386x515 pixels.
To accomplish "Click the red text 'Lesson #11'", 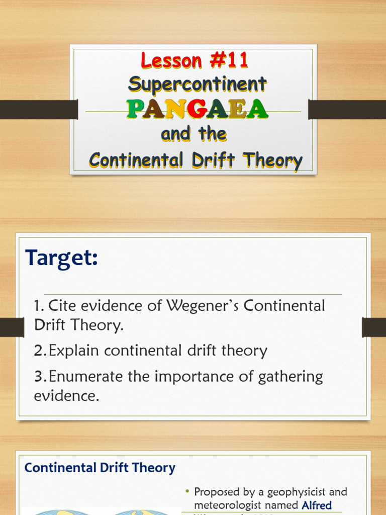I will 195,61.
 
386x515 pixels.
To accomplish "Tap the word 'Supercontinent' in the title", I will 197,84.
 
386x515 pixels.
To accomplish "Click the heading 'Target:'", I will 62,259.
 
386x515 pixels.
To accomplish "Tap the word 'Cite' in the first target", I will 64,306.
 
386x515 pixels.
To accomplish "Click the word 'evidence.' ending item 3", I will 67,396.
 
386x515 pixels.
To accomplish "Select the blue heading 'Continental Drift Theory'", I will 100,468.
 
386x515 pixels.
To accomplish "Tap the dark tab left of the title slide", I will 38,109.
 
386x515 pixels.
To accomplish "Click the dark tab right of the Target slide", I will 374,327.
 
